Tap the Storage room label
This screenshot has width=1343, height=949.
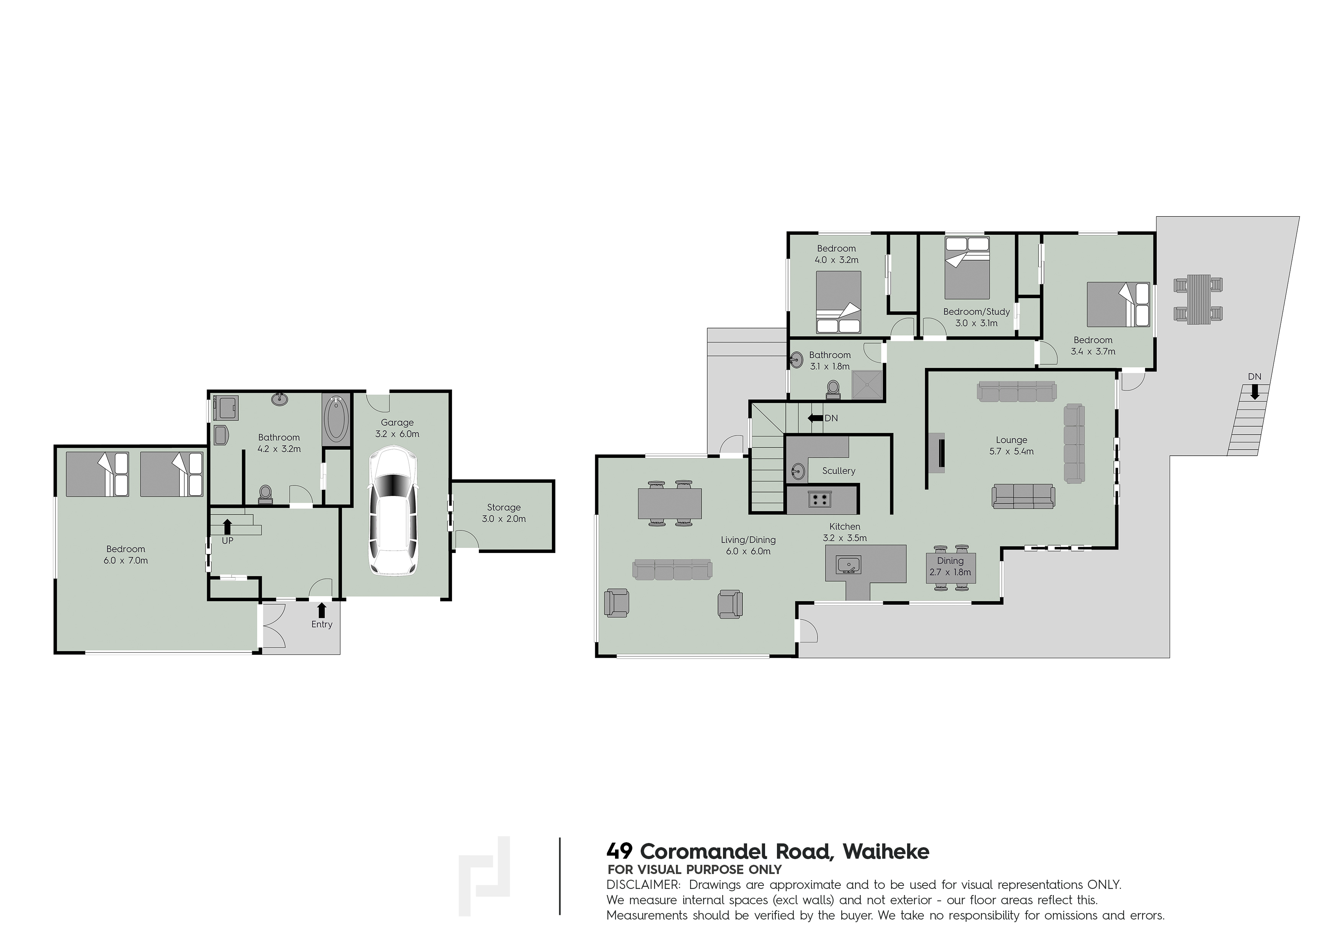pyautogui.click(x=504, y=507)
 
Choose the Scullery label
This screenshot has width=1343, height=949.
pyautogui.click(x=839, y=471)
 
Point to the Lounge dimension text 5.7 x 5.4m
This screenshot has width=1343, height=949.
pyautogui.click(x=1011, y=452)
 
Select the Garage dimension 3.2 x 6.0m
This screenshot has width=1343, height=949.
pyautogui.click(x=397, y=434)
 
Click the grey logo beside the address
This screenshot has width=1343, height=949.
pyautogui.click(x=484, y=876)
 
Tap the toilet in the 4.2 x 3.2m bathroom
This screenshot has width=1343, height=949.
pyautogui.click(x=266, y=494)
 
